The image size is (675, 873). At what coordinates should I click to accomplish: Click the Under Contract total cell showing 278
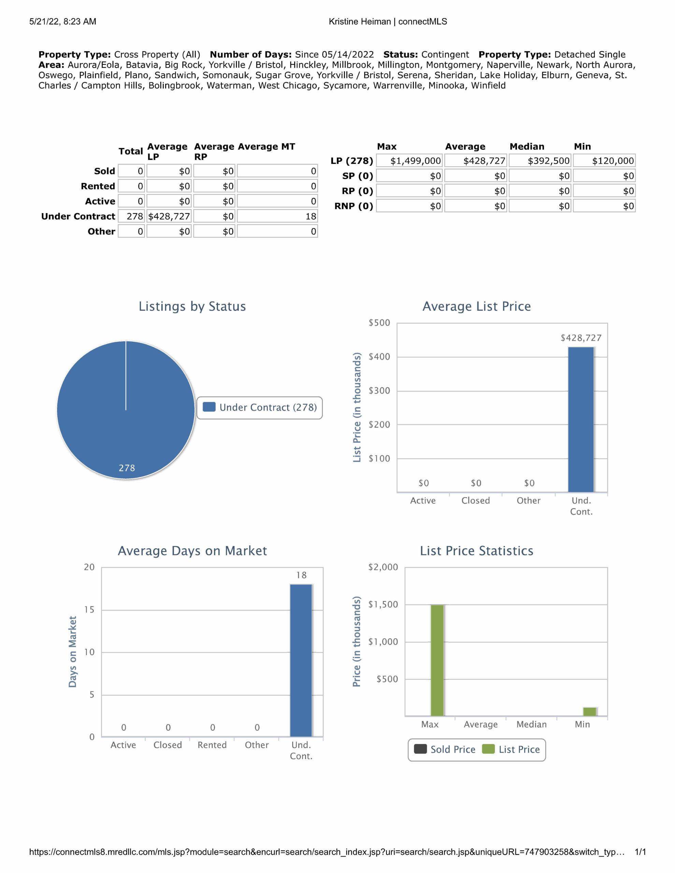[x=132, y=216]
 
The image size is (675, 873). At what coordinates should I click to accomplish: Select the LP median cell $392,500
[x=540, y=161]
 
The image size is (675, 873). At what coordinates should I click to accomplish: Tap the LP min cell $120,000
[x=604, y=161]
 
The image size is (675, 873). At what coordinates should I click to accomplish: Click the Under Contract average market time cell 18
[x=277, y=216]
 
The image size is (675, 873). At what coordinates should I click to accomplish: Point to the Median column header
[x=527, y=146]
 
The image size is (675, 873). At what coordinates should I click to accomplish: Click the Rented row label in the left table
[x=98, y=186]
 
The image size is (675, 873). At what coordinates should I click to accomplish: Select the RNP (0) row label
[x=354, y=206]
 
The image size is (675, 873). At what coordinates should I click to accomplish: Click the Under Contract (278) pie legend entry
[x=260, y=407]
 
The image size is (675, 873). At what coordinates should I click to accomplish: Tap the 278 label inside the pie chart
[x=127, y=468]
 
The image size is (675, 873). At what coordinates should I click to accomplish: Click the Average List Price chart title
[x=476, y=306]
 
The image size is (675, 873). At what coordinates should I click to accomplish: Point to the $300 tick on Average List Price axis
[x=379, y=390]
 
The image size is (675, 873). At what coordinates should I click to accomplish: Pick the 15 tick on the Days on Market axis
[x=89, y=610]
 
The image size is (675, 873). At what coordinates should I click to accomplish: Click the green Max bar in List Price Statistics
[x=437, y=660]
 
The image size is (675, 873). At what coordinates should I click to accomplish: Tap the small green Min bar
[x=590, y=711]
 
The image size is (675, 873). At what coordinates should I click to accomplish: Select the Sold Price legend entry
[x=445, y=750]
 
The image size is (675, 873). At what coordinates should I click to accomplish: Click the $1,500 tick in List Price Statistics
[x=383, y=604]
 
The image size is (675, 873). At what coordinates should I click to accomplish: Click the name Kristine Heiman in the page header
[x=359, y=21]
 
